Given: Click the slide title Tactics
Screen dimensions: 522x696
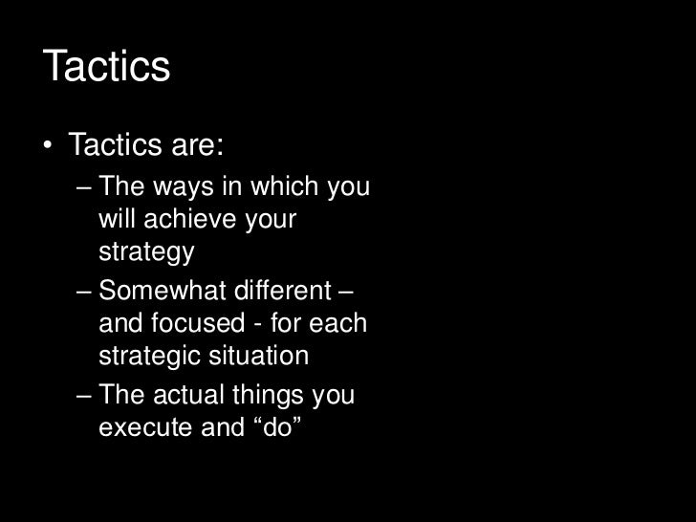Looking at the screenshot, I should point(106,67).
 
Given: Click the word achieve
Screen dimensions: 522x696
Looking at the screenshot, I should point(191,220).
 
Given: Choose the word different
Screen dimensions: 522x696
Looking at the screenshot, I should point(283,289).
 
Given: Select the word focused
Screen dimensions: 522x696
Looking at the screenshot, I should point(188,323).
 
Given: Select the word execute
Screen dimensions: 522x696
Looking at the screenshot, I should point(145,427).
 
